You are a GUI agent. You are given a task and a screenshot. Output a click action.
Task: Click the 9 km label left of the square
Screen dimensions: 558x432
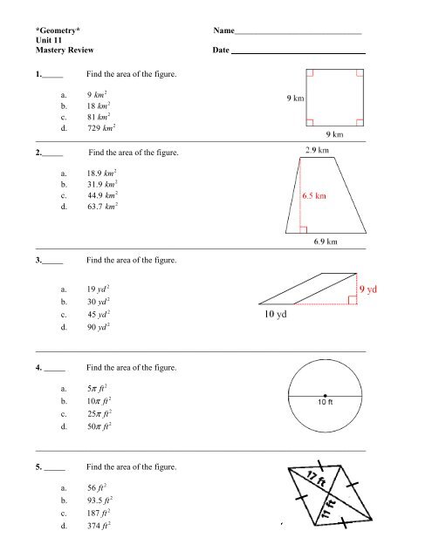[296, 99]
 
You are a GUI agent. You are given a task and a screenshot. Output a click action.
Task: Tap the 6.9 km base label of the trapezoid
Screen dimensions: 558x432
[326, 242]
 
